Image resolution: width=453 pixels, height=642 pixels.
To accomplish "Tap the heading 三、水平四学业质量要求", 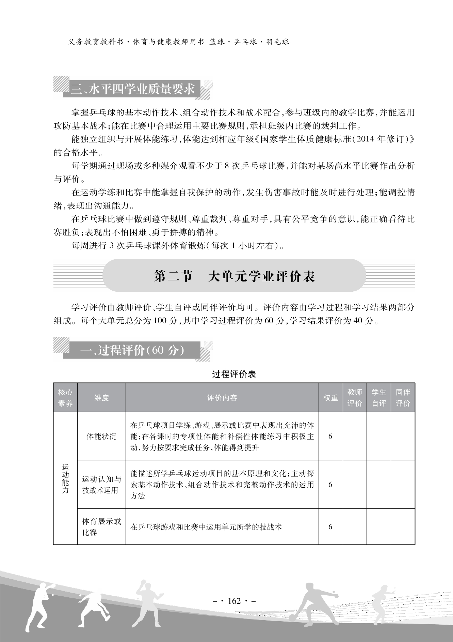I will [133, 89].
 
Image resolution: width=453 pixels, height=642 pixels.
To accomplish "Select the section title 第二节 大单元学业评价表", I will [234, 276].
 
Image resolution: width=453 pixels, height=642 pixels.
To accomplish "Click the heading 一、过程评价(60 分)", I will [133, 350].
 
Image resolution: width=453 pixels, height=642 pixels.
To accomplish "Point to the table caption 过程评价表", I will [234, 374].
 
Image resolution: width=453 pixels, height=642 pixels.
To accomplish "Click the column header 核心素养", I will [65, 398].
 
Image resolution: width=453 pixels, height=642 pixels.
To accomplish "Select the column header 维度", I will [101, 398].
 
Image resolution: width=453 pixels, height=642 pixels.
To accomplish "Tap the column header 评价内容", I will [222, 398].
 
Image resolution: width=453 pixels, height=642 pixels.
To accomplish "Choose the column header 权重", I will [330, 398].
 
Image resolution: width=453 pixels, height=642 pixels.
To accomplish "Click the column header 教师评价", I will [355, 398].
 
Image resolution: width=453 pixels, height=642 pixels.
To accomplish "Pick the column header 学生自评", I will [379, 398].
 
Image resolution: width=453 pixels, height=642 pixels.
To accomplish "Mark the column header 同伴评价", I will [403, 398].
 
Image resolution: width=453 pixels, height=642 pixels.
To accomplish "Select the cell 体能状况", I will [101, 436].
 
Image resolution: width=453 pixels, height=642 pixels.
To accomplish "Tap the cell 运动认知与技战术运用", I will [101, 485].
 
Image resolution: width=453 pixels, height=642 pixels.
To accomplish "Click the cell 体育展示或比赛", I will [101, 527].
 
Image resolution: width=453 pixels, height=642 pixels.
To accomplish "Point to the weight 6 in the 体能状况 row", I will [330, 436].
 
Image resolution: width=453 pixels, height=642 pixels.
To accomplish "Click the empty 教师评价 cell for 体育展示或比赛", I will [355, 527].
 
